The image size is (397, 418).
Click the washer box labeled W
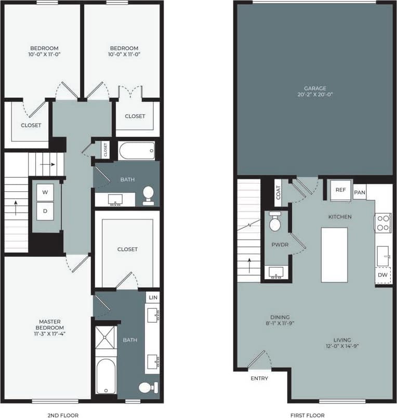(x=45, y=192)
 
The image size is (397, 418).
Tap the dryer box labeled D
(x=45, y=211)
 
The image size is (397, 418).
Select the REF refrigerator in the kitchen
(x=340, y=190)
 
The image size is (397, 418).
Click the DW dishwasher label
(x=383, y=275)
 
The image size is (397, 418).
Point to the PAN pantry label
(x=360, y=192)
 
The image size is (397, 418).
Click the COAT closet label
(x=278, y=192)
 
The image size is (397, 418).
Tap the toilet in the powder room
(x=275, y=223)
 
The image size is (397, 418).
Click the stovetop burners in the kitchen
(x=383, y=223)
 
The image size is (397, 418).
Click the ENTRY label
(x=259, y=378)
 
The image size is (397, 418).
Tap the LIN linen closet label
(x=153, y=297)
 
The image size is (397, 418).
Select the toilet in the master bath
(x=146, y=388)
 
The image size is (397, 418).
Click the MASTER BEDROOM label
(x=50, y=328)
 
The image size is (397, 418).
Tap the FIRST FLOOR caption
(x=308, y=415)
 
